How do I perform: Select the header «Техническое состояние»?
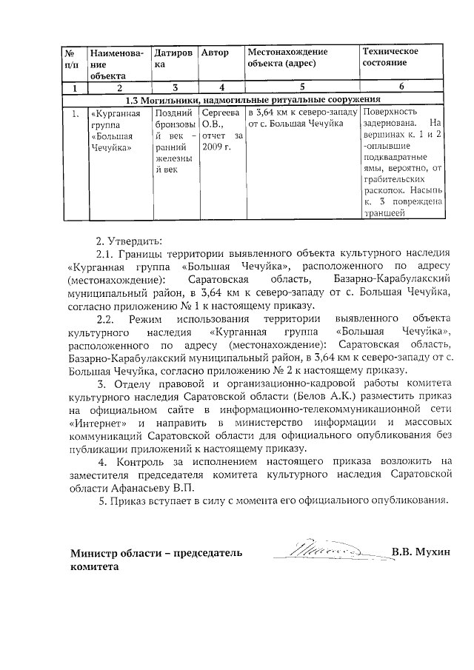[390, 57]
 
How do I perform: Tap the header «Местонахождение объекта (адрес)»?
[287, 57]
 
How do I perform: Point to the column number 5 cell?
[301, 87]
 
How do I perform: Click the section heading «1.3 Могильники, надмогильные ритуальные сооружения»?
[253, 99]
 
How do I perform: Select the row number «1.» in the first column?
[75, 113]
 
